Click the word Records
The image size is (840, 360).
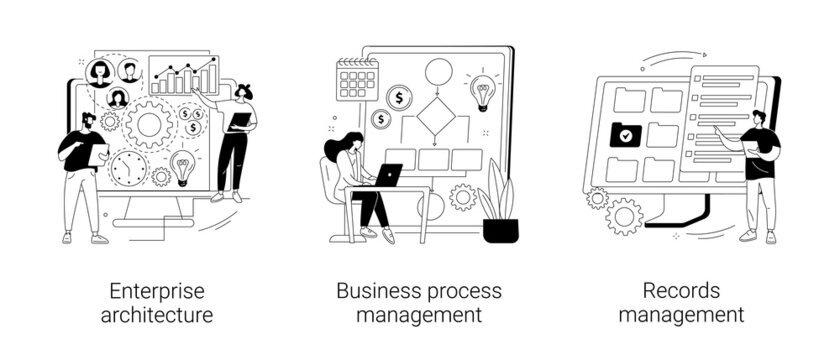681,292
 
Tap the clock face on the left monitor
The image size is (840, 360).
129,169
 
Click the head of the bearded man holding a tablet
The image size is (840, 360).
88,122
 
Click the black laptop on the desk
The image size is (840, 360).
387,175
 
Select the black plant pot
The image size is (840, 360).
500,230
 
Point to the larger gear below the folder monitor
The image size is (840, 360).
626,215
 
